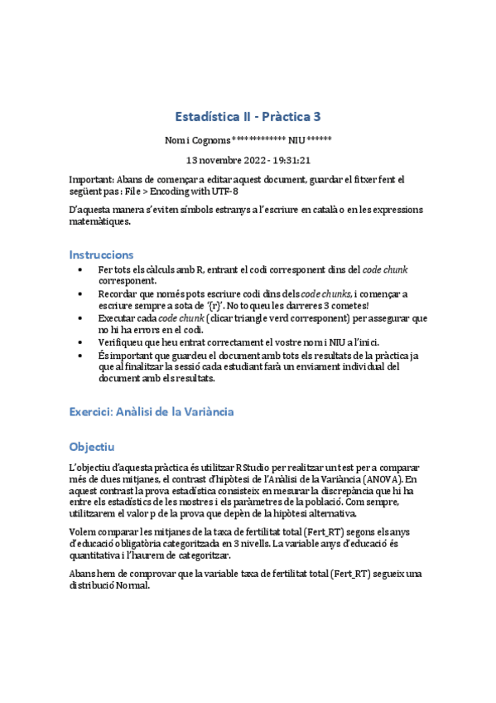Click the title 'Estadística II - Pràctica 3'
248,116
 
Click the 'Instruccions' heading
101,254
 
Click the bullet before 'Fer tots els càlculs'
79,270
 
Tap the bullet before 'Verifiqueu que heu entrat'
79,342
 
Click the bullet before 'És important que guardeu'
79,355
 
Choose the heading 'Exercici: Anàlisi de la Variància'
152,410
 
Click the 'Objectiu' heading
92,446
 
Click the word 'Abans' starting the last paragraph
84,574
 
